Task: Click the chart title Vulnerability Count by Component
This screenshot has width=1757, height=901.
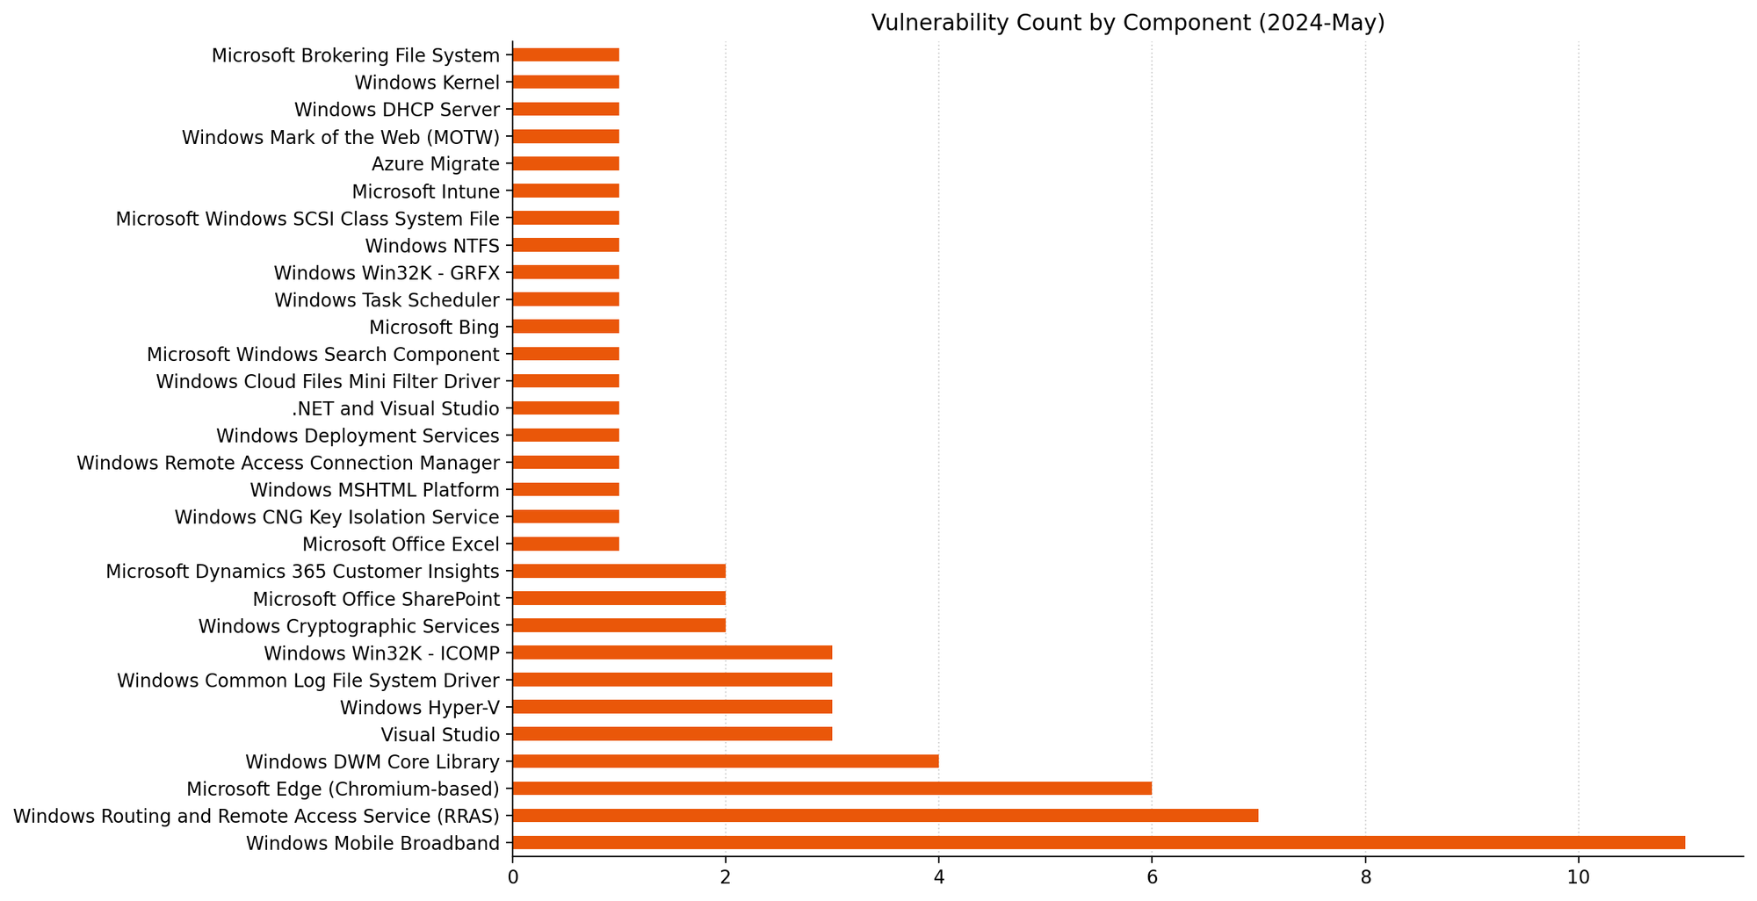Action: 1127,23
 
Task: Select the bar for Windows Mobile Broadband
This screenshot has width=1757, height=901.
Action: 1098,843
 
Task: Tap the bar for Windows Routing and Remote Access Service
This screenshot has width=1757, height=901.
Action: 885,816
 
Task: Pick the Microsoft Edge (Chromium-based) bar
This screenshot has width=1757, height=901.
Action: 831,789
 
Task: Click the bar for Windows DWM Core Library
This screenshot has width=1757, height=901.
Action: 725,761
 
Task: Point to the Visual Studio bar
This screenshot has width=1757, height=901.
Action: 672,734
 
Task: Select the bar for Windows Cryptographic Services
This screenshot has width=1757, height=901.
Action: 618,625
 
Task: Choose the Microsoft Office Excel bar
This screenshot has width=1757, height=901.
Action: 566,544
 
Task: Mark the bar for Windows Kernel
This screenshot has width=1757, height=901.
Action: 566,83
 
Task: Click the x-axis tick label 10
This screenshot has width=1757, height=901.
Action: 1578,877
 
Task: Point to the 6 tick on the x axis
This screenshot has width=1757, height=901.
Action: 1152,877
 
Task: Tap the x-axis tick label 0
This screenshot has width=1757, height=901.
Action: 512,877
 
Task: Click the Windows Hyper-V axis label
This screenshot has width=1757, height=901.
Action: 419,708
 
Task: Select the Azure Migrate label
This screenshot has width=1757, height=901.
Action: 435,164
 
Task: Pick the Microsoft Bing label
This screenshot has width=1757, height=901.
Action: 434,328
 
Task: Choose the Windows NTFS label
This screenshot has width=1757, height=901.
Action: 432,246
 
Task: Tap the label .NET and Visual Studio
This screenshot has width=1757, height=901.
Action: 395,408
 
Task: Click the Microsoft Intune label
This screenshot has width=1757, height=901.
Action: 425,191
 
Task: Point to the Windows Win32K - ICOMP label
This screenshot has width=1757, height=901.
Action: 381,653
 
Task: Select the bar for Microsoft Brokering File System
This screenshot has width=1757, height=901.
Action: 566,55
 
